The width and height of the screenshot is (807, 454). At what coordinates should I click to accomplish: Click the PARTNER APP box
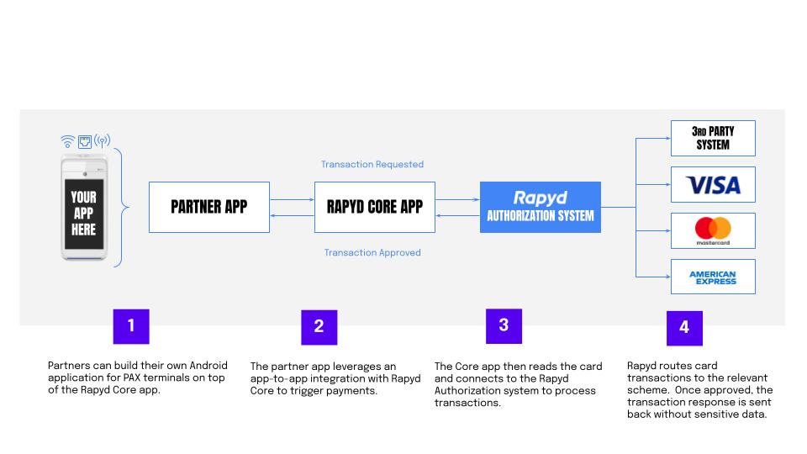point(209,207)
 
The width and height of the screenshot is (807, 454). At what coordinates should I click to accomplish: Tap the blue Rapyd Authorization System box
point(541,207)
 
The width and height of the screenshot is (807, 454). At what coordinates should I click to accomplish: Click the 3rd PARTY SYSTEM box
point(713,138)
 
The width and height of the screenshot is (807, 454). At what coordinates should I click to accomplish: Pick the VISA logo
point(713,185)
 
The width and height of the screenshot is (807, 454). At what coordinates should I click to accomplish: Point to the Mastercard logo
point(713,230)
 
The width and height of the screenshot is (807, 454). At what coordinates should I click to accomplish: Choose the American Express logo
point(713,277)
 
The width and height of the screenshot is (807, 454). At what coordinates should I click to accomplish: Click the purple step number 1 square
point(131,326)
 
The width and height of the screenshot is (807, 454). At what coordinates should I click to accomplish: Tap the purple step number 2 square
point(319,327)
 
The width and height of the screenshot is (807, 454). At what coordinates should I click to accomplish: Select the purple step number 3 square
point(504,326)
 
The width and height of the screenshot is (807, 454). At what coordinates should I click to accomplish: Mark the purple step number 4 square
point(684,328)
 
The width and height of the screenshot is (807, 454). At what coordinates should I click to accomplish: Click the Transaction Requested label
point(372,165)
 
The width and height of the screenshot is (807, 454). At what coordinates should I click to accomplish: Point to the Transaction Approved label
point(372,252)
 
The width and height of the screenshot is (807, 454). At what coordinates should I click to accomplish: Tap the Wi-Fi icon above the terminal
point(67,141)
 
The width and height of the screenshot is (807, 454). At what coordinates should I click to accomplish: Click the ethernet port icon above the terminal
point(84,141)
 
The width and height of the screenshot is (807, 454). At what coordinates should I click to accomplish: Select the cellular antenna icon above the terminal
point(102,141)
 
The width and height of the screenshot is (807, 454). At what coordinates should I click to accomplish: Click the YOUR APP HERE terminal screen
point(84,213)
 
